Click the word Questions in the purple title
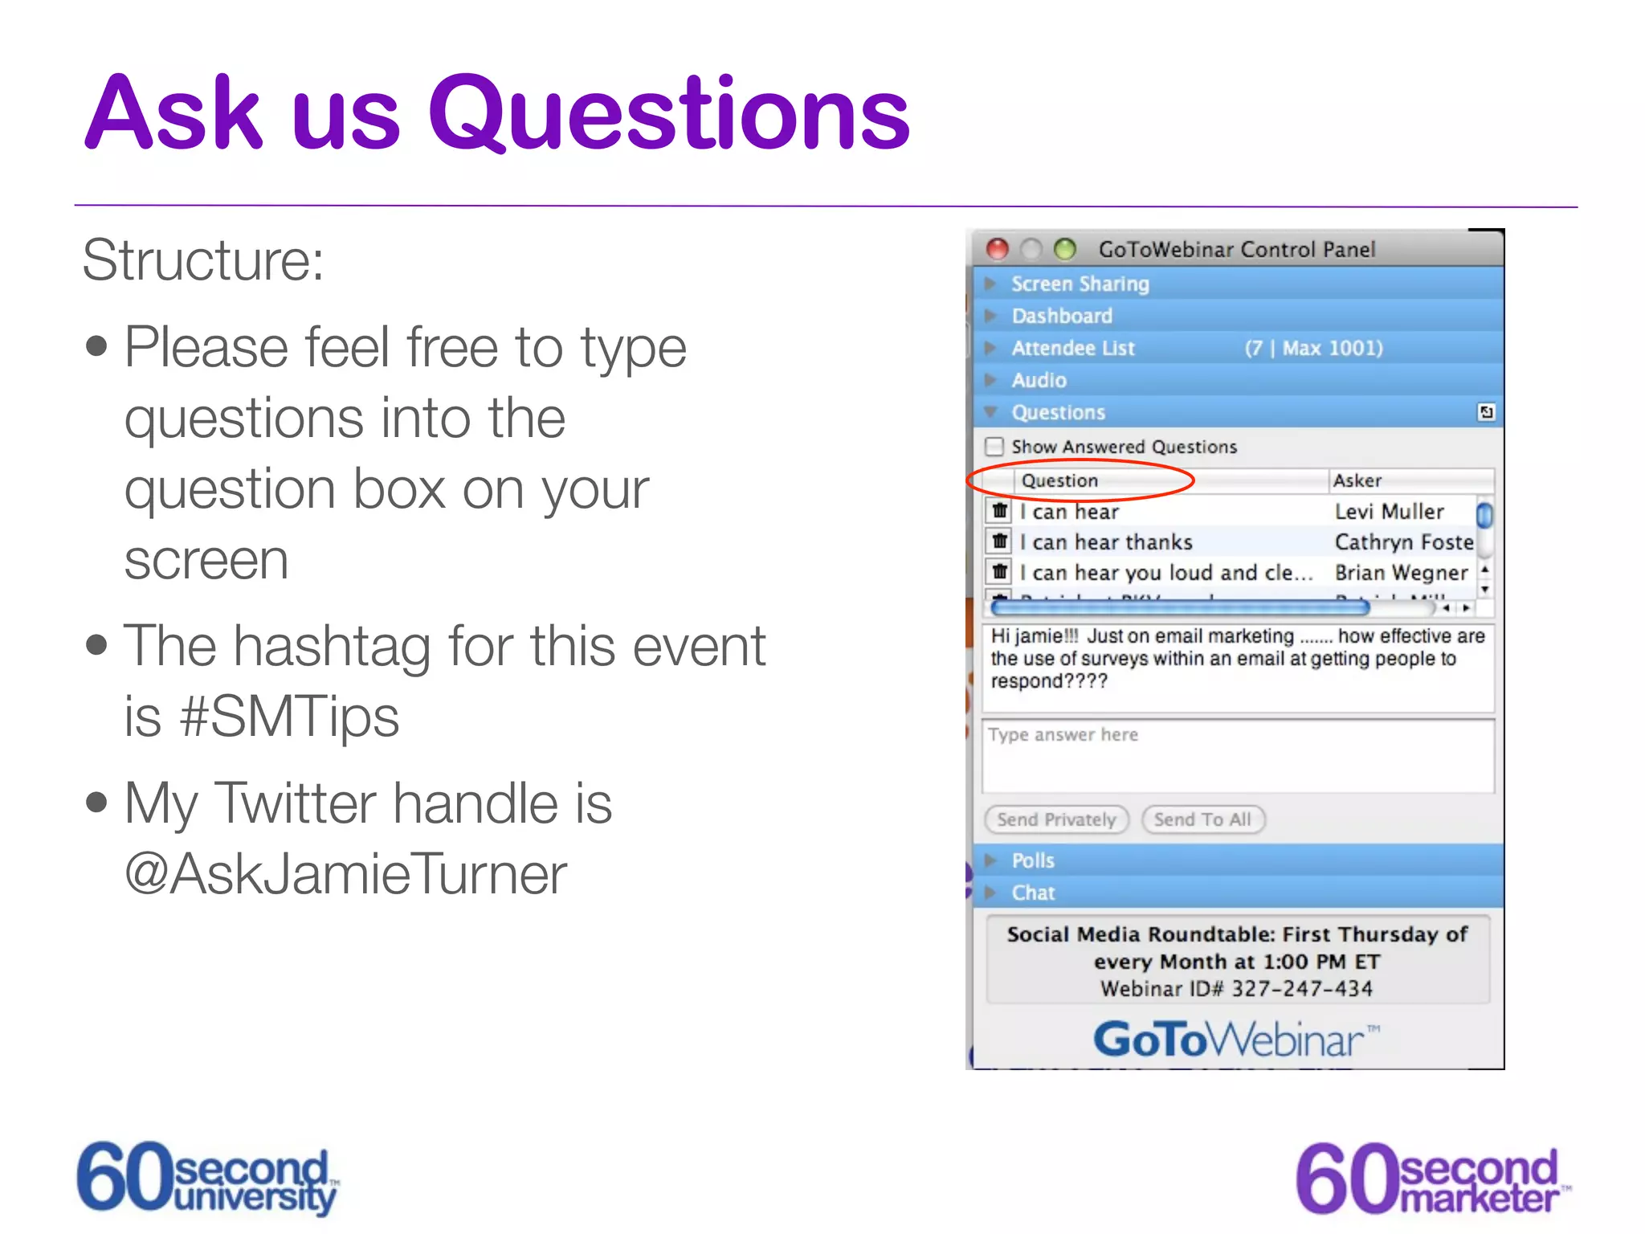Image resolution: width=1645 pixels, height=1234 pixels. coord(669,114)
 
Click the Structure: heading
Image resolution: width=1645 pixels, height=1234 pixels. coord(203,260)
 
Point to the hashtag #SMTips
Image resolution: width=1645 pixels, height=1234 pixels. coord(290,717)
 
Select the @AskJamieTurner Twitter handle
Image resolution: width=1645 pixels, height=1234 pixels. coord(346,874)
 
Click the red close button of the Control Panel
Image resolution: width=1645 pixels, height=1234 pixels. coord(997,249)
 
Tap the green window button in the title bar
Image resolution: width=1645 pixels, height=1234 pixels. coord(1065,249)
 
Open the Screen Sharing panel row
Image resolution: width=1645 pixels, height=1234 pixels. coord(1080,284)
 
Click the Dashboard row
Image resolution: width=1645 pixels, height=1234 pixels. coord(1061,316)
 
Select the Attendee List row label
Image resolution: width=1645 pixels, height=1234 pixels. coord(1072,348)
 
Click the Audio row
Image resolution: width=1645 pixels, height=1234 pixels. coord(1039,380)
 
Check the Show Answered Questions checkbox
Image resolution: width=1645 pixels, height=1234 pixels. coord(994,446)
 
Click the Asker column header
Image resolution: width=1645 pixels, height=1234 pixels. coord(1357,480)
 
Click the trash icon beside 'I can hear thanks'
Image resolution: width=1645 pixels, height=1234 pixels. coord(999,541)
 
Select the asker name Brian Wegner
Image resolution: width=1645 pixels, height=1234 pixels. coord(1401,573)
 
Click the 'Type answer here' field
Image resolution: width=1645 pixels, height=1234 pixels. coord(1237,755)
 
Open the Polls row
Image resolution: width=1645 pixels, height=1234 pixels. coord(1033,860)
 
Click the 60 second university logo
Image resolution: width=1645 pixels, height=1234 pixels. coord(207,1177)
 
